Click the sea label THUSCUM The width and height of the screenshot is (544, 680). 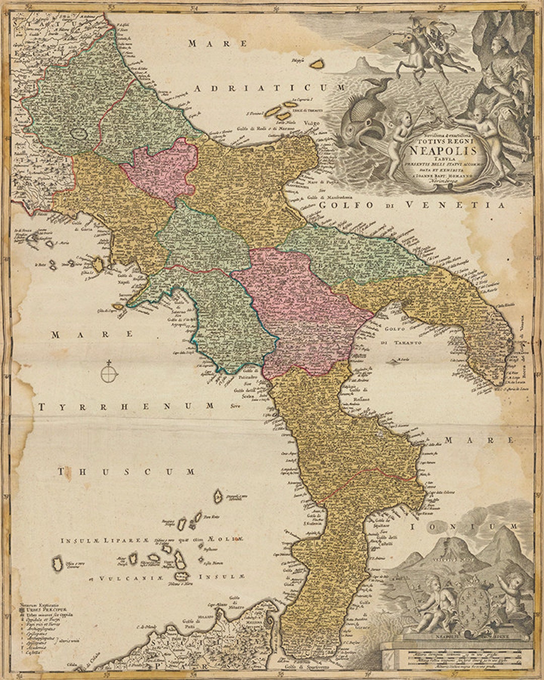126,472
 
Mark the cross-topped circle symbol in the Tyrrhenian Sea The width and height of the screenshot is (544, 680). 109,373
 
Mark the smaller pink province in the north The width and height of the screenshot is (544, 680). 160,166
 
